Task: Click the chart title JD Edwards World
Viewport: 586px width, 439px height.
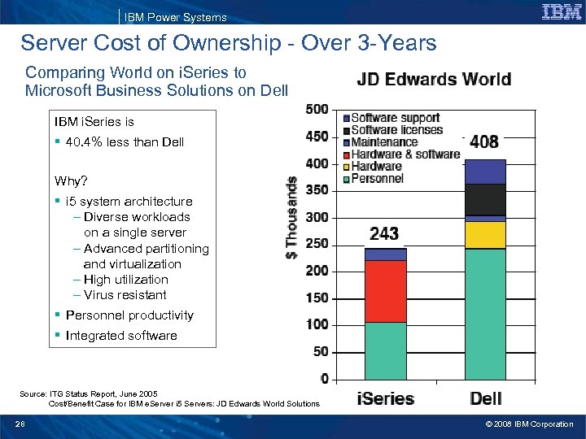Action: [x=434, y=80]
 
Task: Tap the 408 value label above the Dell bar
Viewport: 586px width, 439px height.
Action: [x=484, y=142]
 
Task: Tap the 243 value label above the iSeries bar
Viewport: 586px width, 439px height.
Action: [x=384, y=234]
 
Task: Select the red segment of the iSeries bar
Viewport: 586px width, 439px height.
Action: [x=385, y=291]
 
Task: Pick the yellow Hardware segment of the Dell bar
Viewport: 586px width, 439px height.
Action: [x=484, y=235]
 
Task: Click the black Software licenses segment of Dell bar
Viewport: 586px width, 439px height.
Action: [x=484, y=199]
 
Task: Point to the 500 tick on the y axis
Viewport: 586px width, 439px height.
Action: [x=317, y=109]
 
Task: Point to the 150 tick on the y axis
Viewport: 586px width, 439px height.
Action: [x=317, y=298]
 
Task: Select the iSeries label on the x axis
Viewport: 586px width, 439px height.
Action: [x=385, y=399]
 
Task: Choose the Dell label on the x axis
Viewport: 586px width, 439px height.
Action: [x=485, y=399]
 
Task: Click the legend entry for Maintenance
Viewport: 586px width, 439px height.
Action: [x=383, y=142]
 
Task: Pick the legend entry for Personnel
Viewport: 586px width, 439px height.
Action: [x=377, y=178]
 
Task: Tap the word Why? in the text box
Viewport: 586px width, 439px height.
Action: [x=71, y=180]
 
